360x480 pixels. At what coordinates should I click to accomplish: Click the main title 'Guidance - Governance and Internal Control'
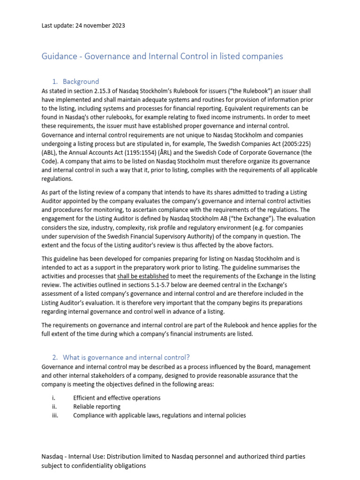coord(162,56)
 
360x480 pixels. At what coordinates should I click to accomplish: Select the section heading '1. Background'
coord(81,81)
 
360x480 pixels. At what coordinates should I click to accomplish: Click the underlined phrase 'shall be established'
coord(143,276)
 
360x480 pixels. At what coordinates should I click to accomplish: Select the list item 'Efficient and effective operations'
coord(117,397)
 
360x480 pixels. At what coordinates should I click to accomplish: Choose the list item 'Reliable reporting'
coord(97,406)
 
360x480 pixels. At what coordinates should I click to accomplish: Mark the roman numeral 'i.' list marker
coord(53,397)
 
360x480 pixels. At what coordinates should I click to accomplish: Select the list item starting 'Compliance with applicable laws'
coord(159,415)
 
